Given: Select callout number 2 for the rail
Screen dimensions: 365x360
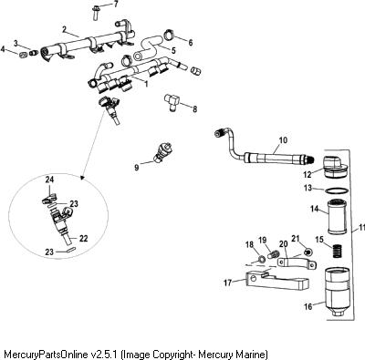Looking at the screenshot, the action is click(64, 29).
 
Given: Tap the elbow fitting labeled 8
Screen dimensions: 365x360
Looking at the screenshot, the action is click(172, 101).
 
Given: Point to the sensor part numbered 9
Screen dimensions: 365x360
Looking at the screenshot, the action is click(163, 149).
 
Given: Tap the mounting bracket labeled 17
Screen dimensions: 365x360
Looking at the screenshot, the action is click(276, 282).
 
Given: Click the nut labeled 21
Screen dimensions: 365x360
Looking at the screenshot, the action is click(309, 252).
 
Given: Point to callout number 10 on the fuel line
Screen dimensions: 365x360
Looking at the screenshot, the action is click(283, 140).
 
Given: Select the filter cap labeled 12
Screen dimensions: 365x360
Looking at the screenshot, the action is click(336, 169).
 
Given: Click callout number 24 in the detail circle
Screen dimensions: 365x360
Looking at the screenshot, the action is click(49, 180).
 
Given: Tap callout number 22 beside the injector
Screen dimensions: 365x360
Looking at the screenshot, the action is click(83, 239).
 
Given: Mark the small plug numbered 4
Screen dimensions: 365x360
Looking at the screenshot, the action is click(23, 55).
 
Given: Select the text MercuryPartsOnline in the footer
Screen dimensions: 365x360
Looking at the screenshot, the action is click(47, 355).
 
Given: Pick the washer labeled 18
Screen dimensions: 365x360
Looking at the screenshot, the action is click(261, 259).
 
